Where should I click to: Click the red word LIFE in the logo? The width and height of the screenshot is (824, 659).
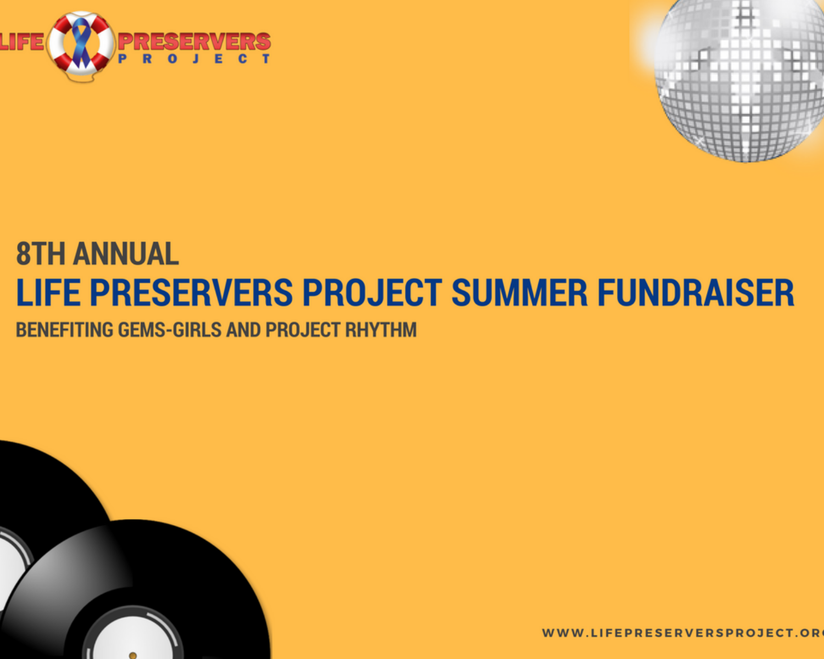22,42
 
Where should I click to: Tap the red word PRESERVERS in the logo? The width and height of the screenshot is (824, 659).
194,42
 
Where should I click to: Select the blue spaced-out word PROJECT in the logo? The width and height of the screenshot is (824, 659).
194,59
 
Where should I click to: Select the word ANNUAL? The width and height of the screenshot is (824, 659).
126,254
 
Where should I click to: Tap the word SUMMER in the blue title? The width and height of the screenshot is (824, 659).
519,293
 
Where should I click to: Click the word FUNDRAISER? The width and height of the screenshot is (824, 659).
695,293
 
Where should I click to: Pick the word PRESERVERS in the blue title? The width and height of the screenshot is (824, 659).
191,293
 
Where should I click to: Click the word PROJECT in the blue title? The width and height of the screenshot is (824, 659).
372,293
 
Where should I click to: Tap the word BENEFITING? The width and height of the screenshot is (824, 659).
64,329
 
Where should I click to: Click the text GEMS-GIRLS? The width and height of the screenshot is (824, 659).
169,329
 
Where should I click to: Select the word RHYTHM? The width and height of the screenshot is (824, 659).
381,329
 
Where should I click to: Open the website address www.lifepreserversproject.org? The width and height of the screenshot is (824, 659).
683,633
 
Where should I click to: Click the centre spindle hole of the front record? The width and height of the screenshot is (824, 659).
133,656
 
